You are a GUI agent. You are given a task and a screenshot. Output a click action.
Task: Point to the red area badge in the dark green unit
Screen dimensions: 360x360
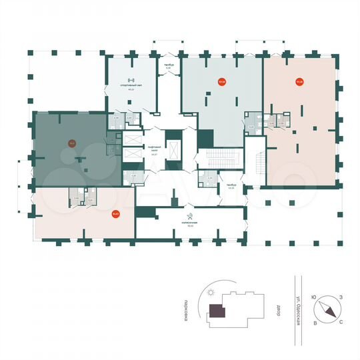click(71, 141)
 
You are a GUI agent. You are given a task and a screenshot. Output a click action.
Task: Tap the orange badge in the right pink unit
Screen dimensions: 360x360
click(299, 83)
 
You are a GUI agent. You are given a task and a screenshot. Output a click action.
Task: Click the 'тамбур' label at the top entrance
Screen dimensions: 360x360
click(169, 65)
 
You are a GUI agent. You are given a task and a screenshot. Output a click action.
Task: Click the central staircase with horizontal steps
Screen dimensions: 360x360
click(217, 159)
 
